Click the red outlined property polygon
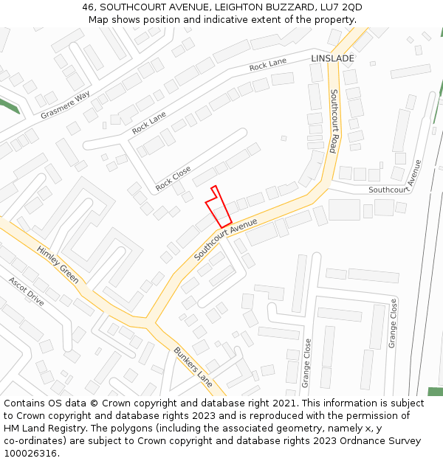tap(219, 209)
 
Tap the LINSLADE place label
tap(332, 58)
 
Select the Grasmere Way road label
tap(65, 105)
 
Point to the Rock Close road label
tap(173, 179)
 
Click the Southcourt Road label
tap(334, 121)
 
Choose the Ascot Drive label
tap(27, 291)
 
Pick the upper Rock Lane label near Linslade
tap(268, 65)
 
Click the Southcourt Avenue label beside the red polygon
tap(226, 238)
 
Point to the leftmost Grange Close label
tap(306, 363)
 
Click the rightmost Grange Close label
tap(393, 323)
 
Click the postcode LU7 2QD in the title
tap(337, 7)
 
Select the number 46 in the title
tap(89, 7)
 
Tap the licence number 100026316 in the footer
tap(31, 454)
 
